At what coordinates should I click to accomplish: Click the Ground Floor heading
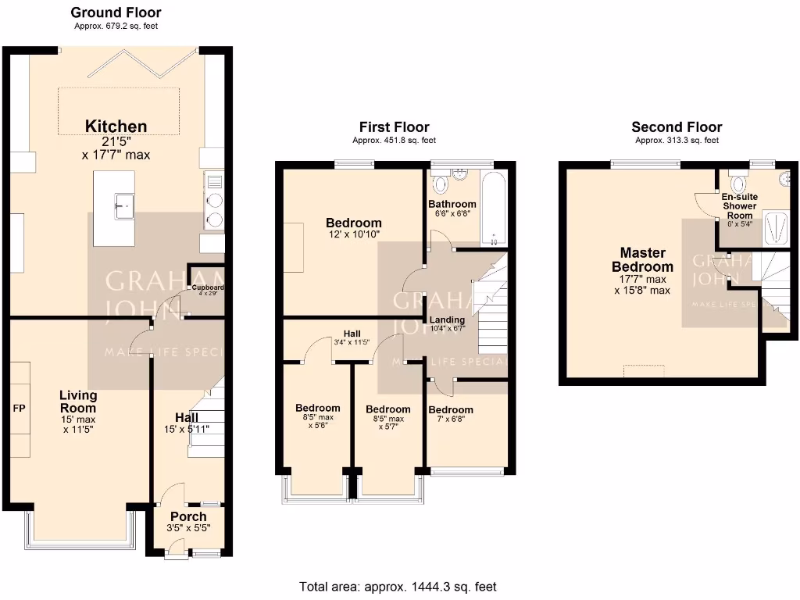(116, 12)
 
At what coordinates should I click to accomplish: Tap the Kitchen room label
(116, 127)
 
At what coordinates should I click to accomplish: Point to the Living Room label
(78, 402)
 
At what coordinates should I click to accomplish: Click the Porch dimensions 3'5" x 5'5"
(188, 528)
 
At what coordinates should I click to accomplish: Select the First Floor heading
(394, 127)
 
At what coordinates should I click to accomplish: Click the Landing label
(446, 320)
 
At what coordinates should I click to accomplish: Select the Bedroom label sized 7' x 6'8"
(451, 410)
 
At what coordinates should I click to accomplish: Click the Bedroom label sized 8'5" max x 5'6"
(317, 408)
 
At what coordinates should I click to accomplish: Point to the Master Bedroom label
(642, 259)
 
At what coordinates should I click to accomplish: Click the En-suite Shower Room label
(738, 206)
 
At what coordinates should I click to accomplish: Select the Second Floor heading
(677, 127)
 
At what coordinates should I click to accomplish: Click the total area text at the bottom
(398, 587)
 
